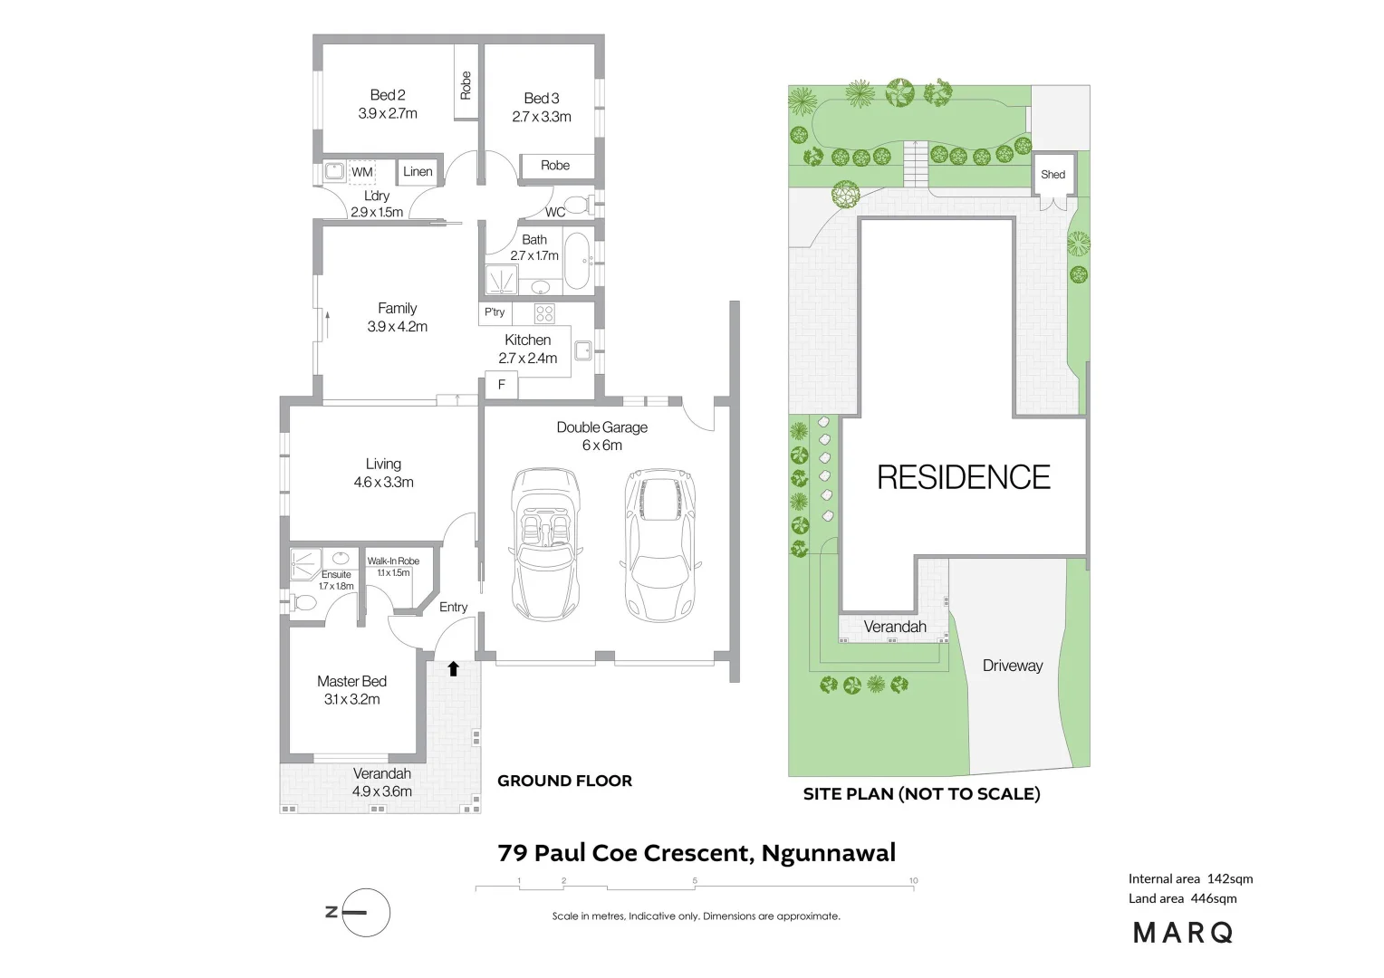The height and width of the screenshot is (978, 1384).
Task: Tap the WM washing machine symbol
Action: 362,172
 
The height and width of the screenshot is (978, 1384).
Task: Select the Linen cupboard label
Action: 418,171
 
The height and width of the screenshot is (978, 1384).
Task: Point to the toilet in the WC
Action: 579,204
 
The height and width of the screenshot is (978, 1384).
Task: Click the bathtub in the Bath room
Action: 578,261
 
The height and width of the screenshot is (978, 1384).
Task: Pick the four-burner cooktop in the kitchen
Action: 544,313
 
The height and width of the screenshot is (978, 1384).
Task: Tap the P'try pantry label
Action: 495,312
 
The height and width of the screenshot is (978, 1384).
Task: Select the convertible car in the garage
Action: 544,543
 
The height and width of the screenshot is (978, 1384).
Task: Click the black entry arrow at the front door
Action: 454,668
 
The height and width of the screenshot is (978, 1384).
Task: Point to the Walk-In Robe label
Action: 394,561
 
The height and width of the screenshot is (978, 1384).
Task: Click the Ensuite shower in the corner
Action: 305,565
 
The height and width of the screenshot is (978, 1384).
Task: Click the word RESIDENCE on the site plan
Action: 964,477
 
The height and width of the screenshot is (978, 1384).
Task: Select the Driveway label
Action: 1013,666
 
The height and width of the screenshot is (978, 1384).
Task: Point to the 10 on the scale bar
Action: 913,880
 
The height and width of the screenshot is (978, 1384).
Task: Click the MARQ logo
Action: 1183,933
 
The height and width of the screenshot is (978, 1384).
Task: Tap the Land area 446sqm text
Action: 1183,898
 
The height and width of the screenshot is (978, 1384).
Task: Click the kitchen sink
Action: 583,350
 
